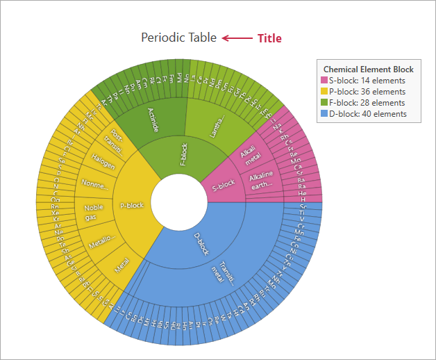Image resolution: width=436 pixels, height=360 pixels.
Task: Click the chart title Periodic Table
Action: (x=178, y=38)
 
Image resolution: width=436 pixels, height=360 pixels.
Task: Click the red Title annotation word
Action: (x=269, y=38)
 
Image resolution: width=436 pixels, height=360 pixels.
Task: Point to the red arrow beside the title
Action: (x=237, y=38)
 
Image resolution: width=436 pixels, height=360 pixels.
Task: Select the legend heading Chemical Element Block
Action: (x=368, y=69)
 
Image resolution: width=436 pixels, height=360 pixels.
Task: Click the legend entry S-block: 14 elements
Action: (x=367, y=81)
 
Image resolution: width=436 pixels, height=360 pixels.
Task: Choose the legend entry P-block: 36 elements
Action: (x=367, y=92)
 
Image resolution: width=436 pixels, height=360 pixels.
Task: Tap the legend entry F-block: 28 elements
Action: (x=367, y=103)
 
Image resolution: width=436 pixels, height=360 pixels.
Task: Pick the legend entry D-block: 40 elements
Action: (x=367, y=114)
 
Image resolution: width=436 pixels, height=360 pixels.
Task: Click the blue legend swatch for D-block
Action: (x=324, y=114)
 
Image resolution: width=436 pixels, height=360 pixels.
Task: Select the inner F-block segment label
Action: (x=183, y=154)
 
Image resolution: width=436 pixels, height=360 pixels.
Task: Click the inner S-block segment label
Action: (x=223, y=186)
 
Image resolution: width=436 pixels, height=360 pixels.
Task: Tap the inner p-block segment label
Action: (x=132, y=206)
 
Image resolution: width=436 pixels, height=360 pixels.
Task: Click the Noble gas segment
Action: (x=94, y=212)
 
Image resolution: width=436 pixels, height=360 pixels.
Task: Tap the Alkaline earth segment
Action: (x=261, y=179)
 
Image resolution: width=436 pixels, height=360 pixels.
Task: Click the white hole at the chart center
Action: (x=178, y=202)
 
